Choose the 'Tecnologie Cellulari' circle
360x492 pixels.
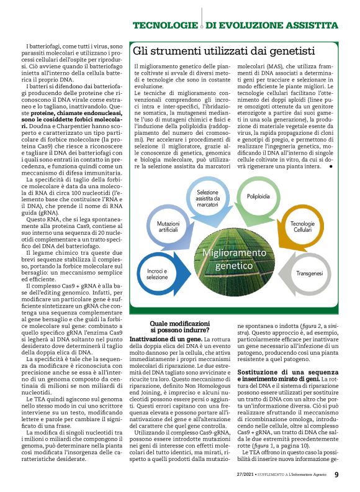303,226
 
